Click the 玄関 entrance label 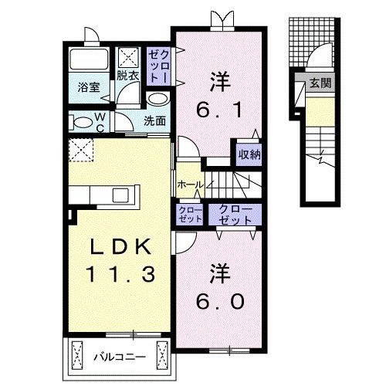pyautogui.click(x=320, y=83)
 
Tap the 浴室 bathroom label pyautogui.click(x=89, y=87)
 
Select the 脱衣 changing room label pyautogui.click(x=128, y=76)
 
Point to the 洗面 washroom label pyautogui.click(x=154, y=120)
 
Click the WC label pyautogui.click(x=100, y=123)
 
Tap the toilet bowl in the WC pyautogui.click(x=82, y=123)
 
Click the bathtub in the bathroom pyautogui.click(x=89, y=59)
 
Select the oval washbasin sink pyautogui.click(x=158, y=99)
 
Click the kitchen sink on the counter pyautogui.click(x=120, y=195)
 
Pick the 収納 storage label pyautogui.click(x=249, y=154)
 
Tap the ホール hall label pyautogui.click(x=191, y=185)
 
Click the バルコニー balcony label pyautogui.click(x=120, y=357)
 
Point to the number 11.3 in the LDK pyautogui.click(x=120, y=274)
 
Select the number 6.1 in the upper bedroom pyautogui.click(x=219, y=110)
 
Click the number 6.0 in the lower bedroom pyautogui.click(x=220, y=302)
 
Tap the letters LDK pyautogui.click(x=120, y=247)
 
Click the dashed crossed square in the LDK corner pyautogui.click(x=81, y=150)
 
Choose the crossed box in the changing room pyautogui.click(x=128, y=57)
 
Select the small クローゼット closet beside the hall pyautogui.click(x=191, y=214)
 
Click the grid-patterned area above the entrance pyautogui.click(x=311, y=42)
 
